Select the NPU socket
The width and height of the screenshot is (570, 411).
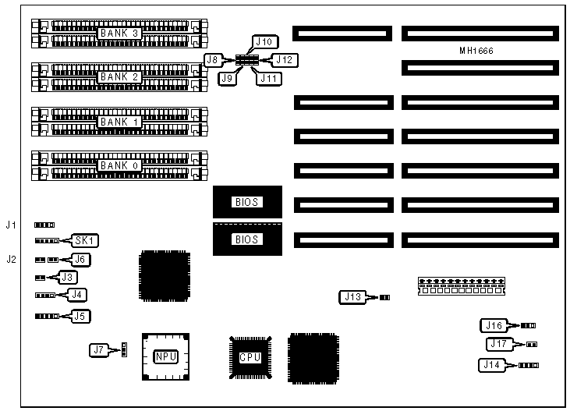point(165,356)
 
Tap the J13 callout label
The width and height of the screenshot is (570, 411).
point(352,296)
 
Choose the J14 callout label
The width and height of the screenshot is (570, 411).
point(493,364)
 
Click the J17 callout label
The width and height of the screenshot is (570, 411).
point(499,344)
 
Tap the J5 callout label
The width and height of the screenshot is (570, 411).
point(79,316)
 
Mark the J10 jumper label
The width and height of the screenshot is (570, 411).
point(263,41)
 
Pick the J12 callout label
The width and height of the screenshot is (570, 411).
point(284,59)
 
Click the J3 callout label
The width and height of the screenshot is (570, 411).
point(69,277)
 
